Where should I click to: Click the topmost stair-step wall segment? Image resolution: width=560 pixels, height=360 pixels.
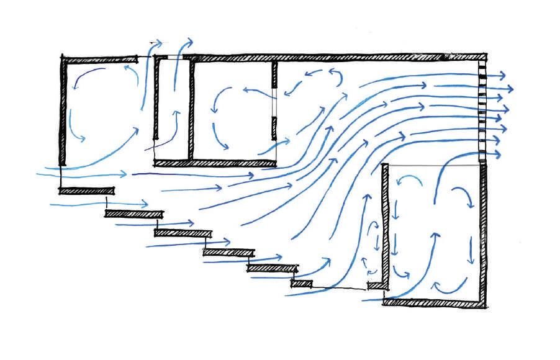click(x=87, y=191)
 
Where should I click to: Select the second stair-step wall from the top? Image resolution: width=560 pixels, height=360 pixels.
click(x=133, y=214)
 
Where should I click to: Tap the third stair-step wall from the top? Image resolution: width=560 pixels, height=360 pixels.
click(x=181, y=233)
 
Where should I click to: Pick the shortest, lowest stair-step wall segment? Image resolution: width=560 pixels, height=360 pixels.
click(x=300, y=284)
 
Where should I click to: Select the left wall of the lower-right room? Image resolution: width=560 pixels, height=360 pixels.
click(x=385, y=230)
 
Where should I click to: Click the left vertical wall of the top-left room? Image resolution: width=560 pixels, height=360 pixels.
click(x=63, y=112)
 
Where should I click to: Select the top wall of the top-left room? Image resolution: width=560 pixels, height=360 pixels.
click(x=99, y=60)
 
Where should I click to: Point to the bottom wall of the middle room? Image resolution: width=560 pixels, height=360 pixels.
click(x=214, y=164)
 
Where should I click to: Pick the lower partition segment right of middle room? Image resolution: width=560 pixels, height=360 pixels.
click(x=273, y=128)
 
